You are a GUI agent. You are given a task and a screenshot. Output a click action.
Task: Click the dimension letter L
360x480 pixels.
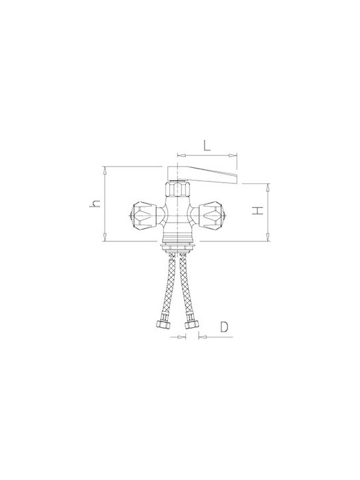pos(207,145)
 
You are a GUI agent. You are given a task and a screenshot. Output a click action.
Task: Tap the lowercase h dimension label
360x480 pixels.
pos(95,203)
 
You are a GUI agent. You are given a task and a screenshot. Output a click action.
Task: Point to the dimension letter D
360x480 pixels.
pos(224,327)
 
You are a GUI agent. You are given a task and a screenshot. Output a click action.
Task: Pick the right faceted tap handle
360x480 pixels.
pos(212,215)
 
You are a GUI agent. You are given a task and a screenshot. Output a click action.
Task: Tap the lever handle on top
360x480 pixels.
pos(203,175)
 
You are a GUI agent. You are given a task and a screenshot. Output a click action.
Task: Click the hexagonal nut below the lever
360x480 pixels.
pos(178,190)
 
